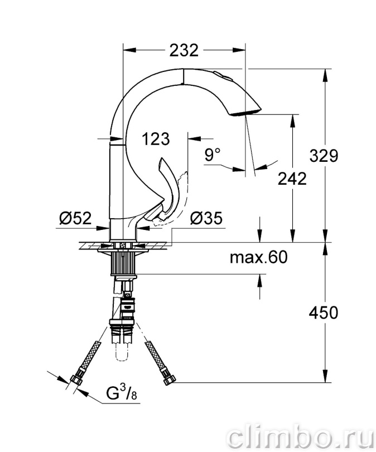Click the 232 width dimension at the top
(184, 50)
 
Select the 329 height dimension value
(324, 156)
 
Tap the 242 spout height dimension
(292, 179)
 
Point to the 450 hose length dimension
(323, 312)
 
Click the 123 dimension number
(156, 139)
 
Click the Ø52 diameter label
(75, 218)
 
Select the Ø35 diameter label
(206, 218)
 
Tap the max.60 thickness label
(259, 257)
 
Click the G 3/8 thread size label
(122, 393)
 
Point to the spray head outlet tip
(247, 112)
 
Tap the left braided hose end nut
(76, 379)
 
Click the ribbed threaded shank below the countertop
(123, 263)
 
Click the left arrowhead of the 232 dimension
(129, 50)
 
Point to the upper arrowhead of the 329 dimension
(326, 75)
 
